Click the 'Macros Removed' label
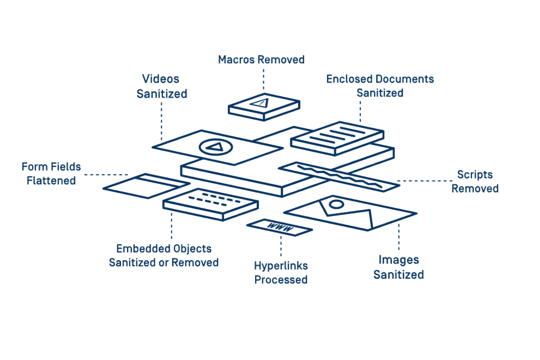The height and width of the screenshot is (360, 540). (x=261, y=60)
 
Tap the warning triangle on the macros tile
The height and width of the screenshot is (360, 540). (x=260, y=103)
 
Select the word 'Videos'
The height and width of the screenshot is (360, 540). (x=160, y=79)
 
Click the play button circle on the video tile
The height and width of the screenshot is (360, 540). (x=216, y=147)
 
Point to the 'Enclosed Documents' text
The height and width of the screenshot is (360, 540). (x=380, y=79)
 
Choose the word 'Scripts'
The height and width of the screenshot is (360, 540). (x=475, y=175)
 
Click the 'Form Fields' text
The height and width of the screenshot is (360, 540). (x=51, y=167)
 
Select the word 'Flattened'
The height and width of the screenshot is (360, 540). (x=51, y=181)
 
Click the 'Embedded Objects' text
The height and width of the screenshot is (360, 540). (x=164, y=249)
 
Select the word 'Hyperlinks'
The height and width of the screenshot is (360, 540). (x=281, y=266)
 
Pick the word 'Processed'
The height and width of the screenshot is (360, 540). (x=281, y=280)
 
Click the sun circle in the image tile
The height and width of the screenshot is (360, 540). (x=336, y=204)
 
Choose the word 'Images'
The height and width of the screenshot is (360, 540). (x=399, y=260)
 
